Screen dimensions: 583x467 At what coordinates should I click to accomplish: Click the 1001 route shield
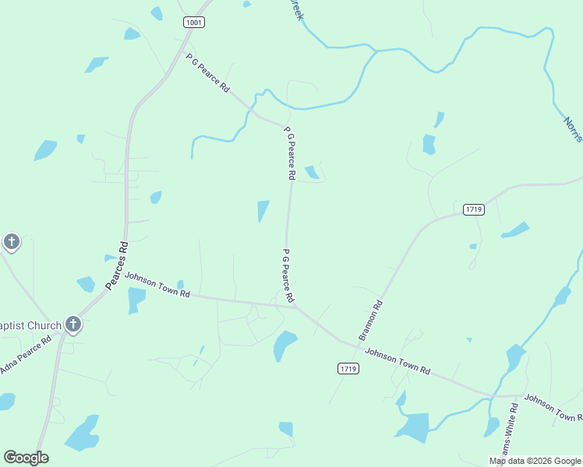194,23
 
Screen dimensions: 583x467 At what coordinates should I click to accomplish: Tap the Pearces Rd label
116,267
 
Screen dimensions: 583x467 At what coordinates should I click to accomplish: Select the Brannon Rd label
371,320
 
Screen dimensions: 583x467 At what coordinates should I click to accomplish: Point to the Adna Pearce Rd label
25,354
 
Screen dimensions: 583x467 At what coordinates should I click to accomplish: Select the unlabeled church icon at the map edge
11,242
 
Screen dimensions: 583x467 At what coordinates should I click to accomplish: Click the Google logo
26,458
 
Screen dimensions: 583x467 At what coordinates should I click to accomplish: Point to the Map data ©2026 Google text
535,461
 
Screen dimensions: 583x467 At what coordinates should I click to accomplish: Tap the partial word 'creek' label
296,10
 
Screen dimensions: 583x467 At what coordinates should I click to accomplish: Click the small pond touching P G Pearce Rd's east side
312,172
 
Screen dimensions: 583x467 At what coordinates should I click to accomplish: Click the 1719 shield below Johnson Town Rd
348,368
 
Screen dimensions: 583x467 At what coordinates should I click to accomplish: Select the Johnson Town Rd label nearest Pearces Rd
157,285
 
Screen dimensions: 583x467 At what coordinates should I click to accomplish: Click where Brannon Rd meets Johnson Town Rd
344,342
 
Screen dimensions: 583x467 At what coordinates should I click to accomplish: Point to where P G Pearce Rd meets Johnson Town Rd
296,307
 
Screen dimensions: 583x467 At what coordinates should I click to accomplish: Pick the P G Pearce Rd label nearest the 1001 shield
207,73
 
